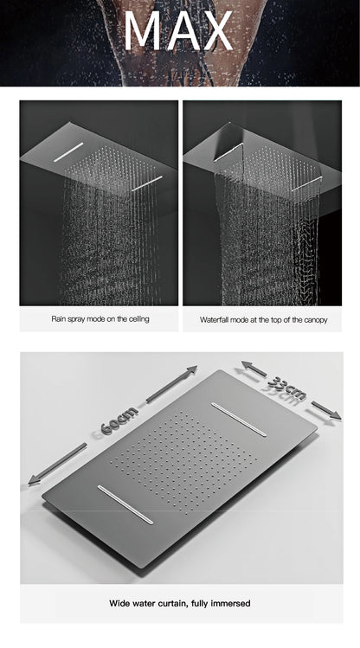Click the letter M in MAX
144,30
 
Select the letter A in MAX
181,30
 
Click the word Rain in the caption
59,318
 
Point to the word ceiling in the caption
138,318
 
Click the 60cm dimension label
119,420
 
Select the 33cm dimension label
287,388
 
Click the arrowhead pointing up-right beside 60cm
191,370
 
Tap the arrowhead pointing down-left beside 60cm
35,479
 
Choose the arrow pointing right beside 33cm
326,410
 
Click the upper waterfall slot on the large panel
239,419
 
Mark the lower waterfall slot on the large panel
125,504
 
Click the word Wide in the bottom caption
119,603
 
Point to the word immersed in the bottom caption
231,603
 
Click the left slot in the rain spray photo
68,152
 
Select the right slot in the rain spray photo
147,183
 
